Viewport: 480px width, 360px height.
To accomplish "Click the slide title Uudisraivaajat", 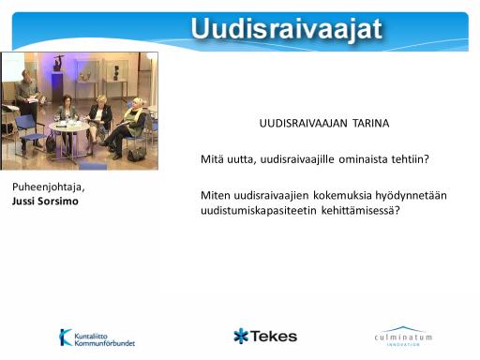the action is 286,29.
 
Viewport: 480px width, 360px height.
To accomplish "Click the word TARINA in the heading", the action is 371,123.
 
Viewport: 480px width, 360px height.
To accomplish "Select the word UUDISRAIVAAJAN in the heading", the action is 303,123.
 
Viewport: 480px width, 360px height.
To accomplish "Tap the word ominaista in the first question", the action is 362,159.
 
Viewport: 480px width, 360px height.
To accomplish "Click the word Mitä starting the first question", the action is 212,159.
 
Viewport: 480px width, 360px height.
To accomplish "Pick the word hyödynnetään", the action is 411,196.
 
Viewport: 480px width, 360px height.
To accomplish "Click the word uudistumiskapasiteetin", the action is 259,210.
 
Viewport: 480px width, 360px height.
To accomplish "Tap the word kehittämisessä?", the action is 361,210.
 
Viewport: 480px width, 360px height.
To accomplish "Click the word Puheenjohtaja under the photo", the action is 48,187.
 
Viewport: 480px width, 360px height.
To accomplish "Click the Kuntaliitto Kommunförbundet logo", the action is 97,337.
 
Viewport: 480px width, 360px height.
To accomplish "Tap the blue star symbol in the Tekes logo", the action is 241,336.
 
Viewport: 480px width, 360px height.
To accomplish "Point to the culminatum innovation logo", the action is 403,337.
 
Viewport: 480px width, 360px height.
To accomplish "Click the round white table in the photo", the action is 68,127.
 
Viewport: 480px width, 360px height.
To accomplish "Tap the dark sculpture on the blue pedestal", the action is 57,63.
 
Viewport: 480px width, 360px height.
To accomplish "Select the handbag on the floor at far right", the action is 137,155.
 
